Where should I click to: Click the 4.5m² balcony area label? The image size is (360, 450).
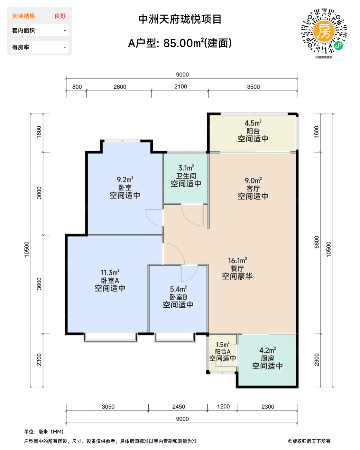(x=253, y=123)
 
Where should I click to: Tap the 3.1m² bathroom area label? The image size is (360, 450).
(x=186, y=168)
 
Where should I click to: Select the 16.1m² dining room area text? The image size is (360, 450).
(x=237, y=261)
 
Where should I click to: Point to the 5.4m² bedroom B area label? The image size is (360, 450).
(x=178, y=289)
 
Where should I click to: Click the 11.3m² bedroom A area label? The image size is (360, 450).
(x=110, y=273)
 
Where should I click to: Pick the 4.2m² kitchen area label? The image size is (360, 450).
(x=267, y=350)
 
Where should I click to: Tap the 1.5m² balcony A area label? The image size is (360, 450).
(x=223, y=344)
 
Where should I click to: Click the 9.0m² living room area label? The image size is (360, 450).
(x=253, y=180)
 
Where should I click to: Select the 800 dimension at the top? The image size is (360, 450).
(x=77, y=87)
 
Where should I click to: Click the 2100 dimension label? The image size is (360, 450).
(x=180, y=86)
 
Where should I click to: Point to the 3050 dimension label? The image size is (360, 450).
(x=108, y=407)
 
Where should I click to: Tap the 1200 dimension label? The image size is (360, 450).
(x=223, y=407)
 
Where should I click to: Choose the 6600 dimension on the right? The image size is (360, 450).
(x=317, y=242)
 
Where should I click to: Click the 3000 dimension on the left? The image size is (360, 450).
(x=39, y=193)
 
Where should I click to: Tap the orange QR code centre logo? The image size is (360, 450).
(x=324, y=31)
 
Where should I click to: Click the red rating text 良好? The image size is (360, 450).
(x=60, y=16)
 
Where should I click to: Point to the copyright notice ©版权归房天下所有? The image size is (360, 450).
(x=309, y=441)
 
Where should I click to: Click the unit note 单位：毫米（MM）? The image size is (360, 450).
(x=44, y=431)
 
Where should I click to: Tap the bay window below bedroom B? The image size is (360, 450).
(x=175, y=337)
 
